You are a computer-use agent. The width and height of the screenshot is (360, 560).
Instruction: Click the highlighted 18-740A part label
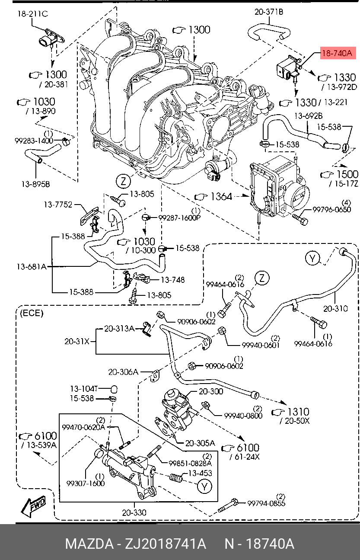(x=338, y=53)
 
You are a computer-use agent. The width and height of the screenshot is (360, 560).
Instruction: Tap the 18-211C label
(x=32, y=14)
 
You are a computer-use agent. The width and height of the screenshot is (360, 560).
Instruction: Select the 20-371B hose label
(x=269, y=12)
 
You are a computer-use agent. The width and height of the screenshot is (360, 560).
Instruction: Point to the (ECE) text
(x=32, y=313)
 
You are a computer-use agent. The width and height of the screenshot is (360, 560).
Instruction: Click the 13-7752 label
(x=58, y=205)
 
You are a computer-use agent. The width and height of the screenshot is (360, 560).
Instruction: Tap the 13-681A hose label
(x=32, y=267)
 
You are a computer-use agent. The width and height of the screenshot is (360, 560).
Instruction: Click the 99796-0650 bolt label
(x=332, y=209)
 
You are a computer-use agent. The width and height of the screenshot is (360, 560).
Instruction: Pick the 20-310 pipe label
(x=335, y=309)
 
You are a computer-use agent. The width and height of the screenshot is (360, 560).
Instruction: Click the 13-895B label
(x=36, y=184)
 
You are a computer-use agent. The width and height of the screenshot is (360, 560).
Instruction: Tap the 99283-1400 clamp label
(x=34, y=141)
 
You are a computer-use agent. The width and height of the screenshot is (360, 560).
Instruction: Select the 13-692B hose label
(x=308, y=116)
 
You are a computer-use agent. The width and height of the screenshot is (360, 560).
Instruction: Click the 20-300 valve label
(x=211, y=391)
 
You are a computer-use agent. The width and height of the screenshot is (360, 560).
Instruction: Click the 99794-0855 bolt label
(x=266, y=503)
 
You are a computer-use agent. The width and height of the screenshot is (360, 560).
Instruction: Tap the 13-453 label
(x=200, y=473)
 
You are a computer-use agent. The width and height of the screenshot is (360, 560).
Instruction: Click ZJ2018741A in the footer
(x=166, y=544)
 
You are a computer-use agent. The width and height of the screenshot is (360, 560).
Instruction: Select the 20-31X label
(x=77, y=341)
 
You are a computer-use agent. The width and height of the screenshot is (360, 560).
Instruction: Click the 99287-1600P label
(x=179, y=218)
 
